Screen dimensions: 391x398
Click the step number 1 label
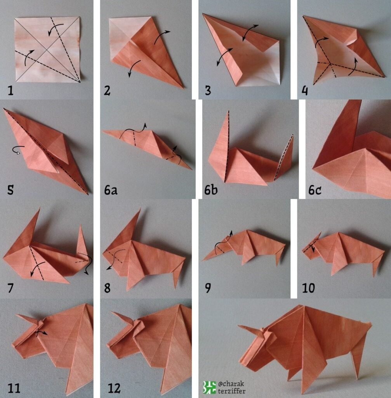(x=10, y=90)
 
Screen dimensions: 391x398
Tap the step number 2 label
(x=107, y=91)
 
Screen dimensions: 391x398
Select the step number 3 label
(x=208, y=91)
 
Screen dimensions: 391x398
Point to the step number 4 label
(x=305, y=91)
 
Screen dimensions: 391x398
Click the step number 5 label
(x=10, y=190)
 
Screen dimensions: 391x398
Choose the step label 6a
(x=111, y=190)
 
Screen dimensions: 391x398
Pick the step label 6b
(x=211, y=190)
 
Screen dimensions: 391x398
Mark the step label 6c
(x=315, y=190)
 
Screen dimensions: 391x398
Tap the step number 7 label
(x=10, y=288)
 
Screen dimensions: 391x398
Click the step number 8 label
(x=107, y=288)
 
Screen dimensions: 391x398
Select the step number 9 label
(x=208, y=288)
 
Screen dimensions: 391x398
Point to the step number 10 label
(x=308, y=288)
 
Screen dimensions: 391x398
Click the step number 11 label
(x=14, y=388)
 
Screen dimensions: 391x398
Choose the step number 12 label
(x=114, y=388)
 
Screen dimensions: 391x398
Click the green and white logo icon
(x=209, y=388)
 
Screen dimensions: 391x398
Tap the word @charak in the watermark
(x=231, y=383)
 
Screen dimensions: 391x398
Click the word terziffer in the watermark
(x=231, y=391)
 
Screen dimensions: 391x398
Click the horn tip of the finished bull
(x=238, y=326)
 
